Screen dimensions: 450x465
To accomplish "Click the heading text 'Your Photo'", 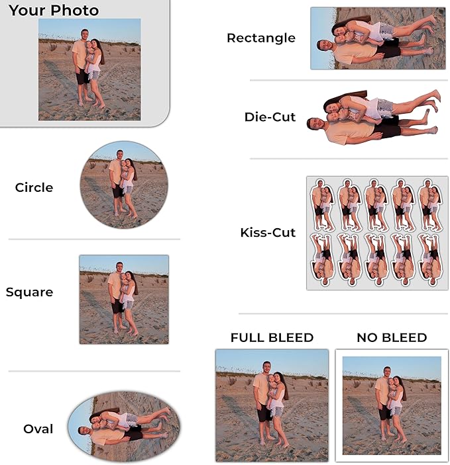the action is pos(54,11).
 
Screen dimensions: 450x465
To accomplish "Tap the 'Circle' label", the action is pos(34,187).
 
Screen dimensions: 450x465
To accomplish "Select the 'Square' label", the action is pos(29,293).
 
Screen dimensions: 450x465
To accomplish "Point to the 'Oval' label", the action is pos(38,429).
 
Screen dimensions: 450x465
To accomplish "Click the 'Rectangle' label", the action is pos(261,38).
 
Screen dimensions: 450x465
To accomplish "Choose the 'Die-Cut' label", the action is pos(270,117).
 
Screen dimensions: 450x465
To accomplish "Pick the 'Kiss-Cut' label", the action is pos(268,233).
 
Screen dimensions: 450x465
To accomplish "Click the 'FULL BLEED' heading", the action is pos(272,337).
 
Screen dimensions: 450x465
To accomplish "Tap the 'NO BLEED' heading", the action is pos(392,337).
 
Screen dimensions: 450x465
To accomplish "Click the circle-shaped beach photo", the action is pos(124,185).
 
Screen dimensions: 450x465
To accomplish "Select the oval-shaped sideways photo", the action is pos(124,427).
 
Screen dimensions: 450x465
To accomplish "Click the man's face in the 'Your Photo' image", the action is pos(85,34).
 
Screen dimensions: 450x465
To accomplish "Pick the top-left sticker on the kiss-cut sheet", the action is pos(322,204).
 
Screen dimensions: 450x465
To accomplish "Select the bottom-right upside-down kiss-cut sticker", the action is pos(430,260).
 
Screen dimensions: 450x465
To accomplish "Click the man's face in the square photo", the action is pos(119,267).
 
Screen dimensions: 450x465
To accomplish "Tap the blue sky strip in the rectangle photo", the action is pos(323,38).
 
